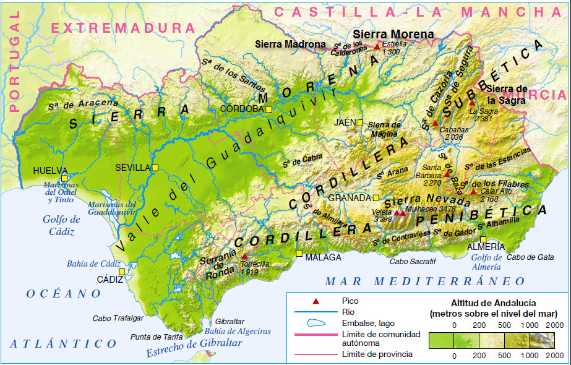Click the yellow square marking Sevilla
[156, 168]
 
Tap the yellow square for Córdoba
[269, 109]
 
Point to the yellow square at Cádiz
[122, 272]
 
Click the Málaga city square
[299, 254]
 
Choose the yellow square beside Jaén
[360, 122]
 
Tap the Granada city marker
[375, 198]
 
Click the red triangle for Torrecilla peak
[244, 256]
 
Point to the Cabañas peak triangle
[436, 123]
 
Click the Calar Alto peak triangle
[473, 191]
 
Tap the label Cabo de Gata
[530, 257]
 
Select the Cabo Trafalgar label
[118, 319]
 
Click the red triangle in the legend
[316, 301]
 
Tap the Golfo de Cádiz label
[62, 225]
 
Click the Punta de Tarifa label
[157, 337]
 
